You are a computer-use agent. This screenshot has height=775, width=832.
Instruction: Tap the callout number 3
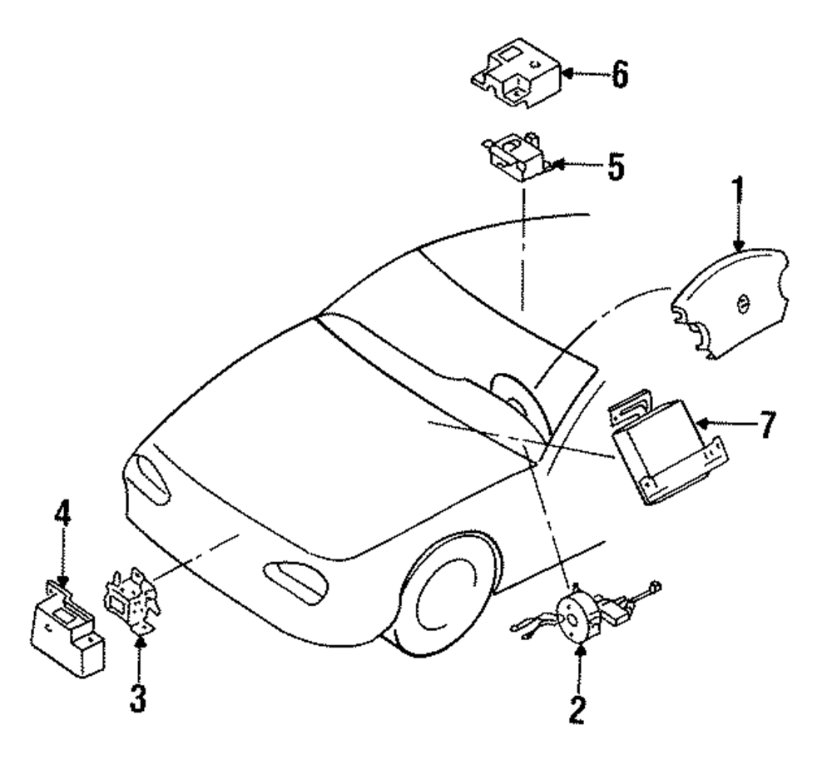coord(139,698)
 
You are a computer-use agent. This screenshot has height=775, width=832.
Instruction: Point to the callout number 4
coord(62,522)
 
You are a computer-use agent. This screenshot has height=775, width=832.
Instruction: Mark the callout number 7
coord(766,424)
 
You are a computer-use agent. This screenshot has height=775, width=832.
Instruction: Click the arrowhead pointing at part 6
coord(565,74)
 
